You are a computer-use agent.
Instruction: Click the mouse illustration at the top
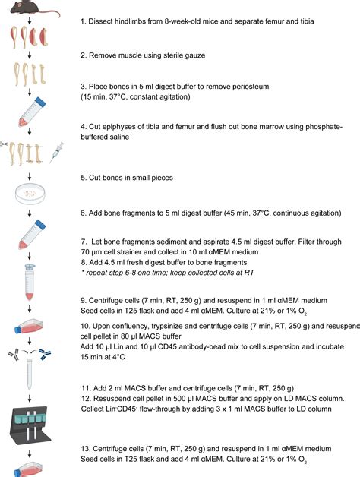click(x=33, y=8)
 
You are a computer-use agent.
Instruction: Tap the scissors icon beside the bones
click(x=4, y=144)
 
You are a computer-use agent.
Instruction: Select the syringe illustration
click(x=57, y=152)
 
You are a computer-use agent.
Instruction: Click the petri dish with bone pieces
click(x=30, y=194)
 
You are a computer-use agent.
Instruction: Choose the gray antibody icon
click(x=14, y=354)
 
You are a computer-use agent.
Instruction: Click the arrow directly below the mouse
click(x=30, y=21)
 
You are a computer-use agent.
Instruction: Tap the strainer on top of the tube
click(x=30, y=267)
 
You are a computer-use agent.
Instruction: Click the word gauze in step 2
click(x=195, y=55)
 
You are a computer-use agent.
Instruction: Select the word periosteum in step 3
click(x=251, y=87)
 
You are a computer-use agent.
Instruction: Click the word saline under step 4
click(x=120, y=137)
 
